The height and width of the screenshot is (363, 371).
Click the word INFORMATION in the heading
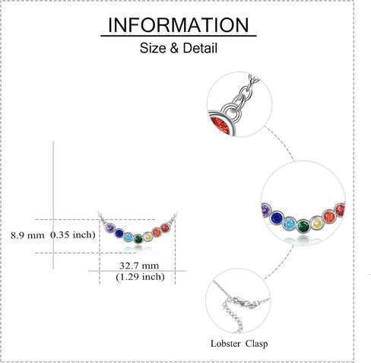coord(179,25)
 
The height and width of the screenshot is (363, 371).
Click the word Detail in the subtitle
coord(200,48)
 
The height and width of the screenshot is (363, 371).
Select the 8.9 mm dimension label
coord(27,235)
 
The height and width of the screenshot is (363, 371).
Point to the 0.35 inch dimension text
coord(73,234)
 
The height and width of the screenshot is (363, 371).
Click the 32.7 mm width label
coord(139,266)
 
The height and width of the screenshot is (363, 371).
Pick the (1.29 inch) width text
coord(140,276)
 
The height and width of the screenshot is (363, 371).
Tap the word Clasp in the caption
coord(256,344)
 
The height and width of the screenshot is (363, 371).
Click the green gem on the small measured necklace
coord(138,239)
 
